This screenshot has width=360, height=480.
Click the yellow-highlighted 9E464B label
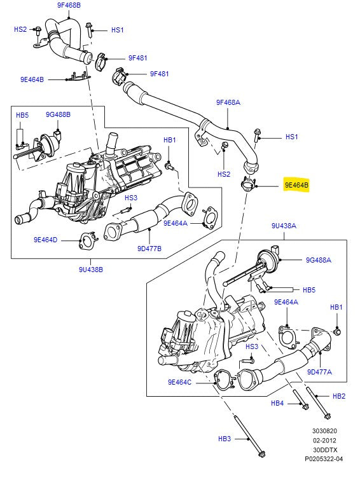pyautogui.click(x=296, y=186)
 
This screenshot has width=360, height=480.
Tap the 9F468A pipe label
pyautogui.click(x=228, y=102)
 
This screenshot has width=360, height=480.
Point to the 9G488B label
pyautogui.click(x=58, y=114)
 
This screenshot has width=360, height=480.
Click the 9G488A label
pyautogui.click(x=319, y=259)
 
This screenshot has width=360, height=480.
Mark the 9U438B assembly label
pyautogui.click(x=90, y=270)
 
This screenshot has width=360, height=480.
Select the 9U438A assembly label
pyautogui.click(x=284, y=226)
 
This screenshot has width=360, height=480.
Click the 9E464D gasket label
pyautogui.click(x=45, y=240)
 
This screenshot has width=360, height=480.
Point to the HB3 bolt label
pyautogui.click(x=225, y=439)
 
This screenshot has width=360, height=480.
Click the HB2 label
pyautogui.click(x=338, y=396)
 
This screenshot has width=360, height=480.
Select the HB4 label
pyautogui.click(x=277, y=403)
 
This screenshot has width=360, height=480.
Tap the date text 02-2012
pyautogui.click(x=324, y=440)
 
